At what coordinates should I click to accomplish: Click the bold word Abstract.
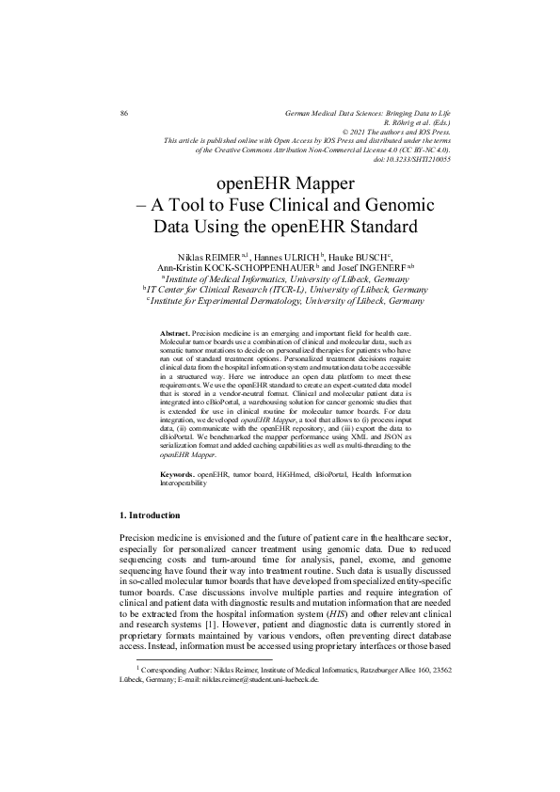(x=175, y=335)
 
